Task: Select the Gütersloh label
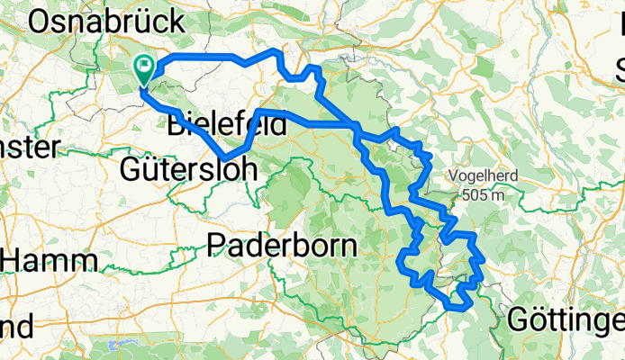point(188,168)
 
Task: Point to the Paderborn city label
point(282,244)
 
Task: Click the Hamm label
point(52,261)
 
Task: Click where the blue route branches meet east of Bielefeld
point(358,126)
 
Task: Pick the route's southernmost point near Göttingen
point(457,307)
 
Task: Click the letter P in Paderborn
point(218,244)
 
